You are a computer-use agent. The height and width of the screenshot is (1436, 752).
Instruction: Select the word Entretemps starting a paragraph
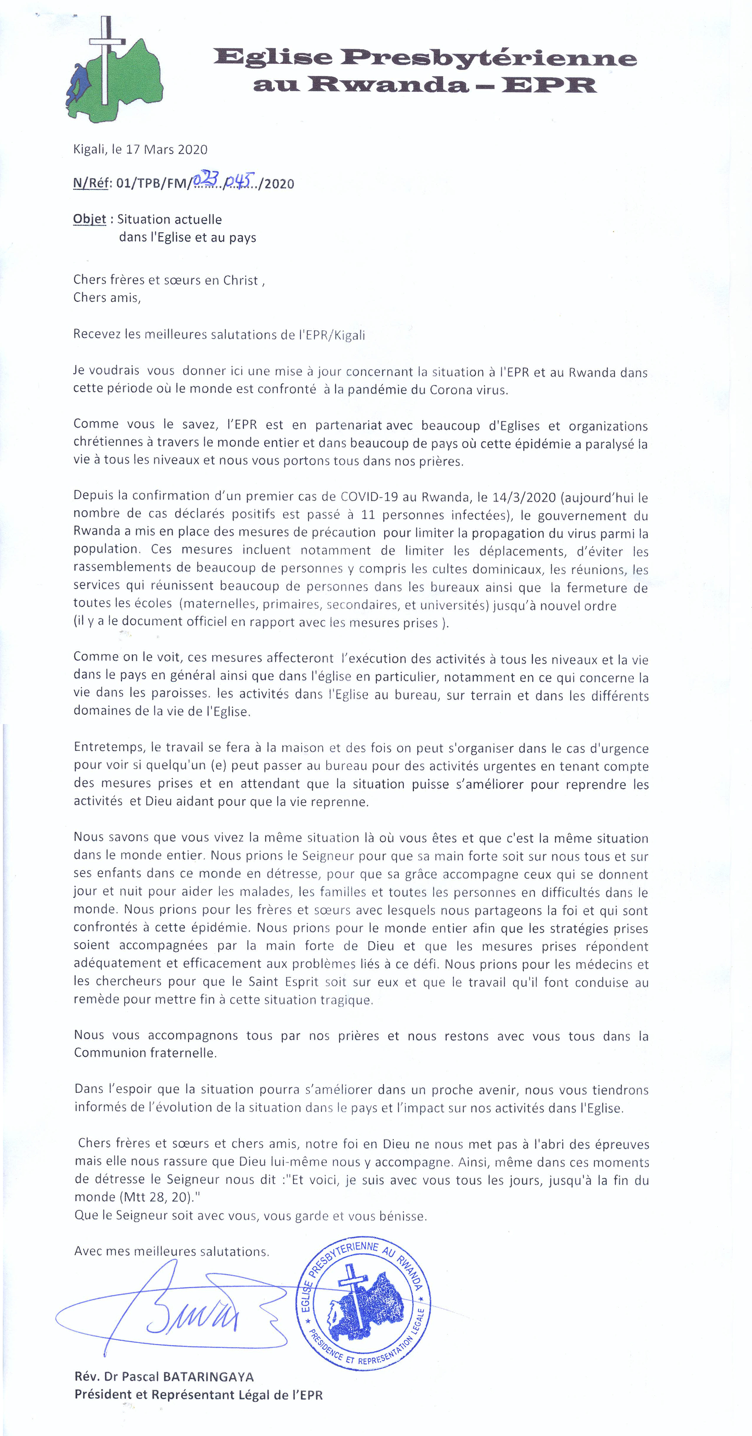109,748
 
